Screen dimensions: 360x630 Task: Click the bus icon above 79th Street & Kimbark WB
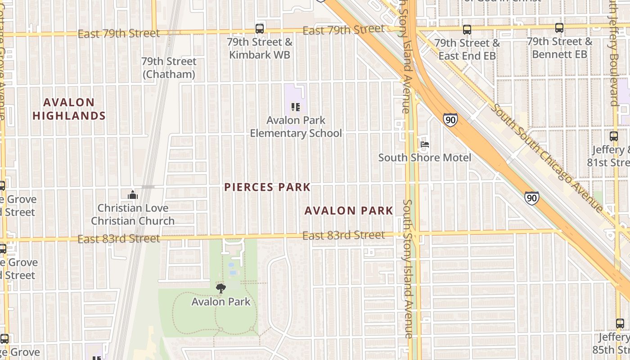(x=260, y=29)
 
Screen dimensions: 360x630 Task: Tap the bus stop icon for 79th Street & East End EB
(x=467, y=30)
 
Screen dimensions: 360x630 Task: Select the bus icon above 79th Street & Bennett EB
(x=559, y=28)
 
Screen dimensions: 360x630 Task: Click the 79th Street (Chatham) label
(x=169, y=68)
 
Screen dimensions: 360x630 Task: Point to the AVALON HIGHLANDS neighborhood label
(x=69, y=109)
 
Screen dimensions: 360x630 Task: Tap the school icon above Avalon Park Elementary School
(x=296, y=107)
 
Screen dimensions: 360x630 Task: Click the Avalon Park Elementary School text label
(x=296, y=127)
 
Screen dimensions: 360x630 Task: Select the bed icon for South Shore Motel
(x=424, y=144)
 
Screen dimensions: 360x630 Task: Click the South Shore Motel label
(x=424, y=157)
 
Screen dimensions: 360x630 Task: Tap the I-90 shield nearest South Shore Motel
(x=450, y=120)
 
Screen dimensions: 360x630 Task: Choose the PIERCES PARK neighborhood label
(x=267, y=187)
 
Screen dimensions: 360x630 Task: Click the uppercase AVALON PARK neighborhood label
(x=349, y=211)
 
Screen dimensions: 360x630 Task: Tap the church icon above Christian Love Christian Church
(x=133, y=195)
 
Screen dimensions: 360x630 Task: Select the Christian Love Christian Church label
(x=133, y=215)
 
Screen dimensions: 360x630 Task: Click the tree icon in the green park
(x=220, y=288)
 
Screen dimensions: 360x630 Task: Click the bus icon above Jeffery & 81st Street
(x=613, y=136)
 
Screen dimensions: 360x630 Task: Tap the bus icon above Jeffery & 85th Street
(x=620, y=323)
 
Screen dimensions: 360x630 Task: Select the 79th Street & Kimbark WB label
(x=260, y=49)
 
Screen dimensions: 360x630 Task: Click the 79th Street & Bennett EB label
(x=559, y=48)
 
